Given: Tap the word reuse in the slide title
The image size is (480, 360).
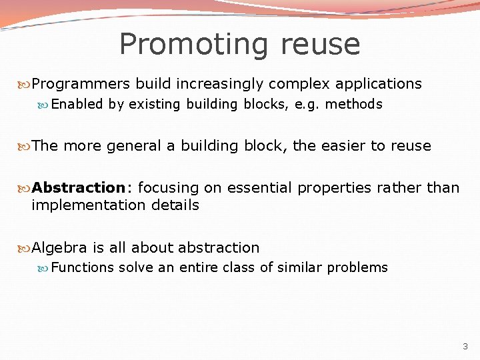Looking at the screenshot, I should tap(320, 45).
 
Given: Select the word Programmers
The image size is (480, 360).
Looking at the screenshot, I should tap(81, 84).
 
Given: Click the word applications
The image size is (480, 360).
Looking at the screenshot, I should tap(379, 84).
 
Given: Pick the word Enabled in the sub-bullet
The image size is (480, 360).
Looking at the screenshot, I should tap(77, 104).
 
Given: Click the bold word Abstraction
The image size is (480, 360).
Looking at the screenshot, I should tap(78, 188).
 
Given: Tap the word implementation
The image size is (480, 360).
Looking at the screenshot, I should tap(82, 205).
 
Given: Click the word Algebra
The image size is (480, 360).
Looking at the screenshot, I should tap(59, 248).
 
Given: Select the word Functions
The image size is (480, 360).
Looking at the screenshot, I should tap(83, 268).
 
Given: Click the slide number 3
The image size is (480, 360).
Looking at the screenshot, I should tap(465, 347).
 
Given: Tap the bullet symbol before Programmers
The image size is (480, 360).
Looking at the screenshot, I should tap(26, 85).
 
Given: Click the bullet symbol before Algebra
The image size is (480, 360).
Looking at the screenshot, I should tap(26, 249).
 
